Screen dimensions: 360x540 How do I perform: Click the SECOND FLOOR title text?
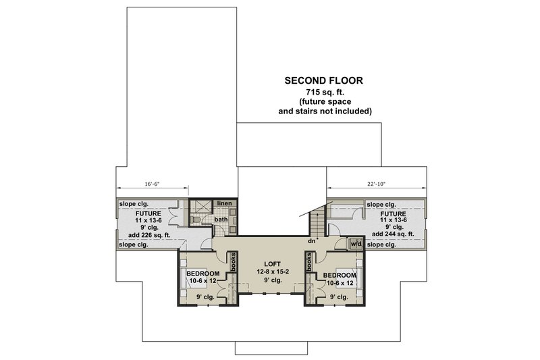point(323,80)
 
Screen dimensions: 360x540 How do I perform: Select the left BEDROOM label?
point(202,273)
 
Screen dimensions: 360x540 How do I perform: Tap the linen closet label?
point(224,204)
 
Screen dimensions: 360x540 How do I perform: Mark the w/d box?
point(355,243)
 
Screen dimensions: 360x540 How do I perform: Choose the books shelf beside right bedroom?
point(309,260)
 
